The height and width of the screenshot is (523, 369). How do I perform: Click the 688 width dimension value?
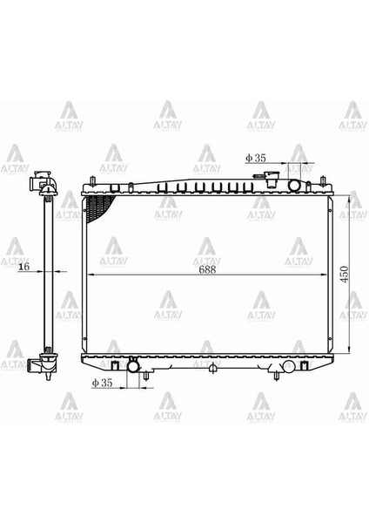click(x=206, y=269)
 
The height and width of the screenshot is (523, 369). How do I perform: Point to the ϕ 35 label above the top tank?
click(x=256, y=158)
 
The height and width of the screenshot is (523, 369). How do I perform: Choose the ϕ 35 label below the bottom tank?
click(x=103, y=383)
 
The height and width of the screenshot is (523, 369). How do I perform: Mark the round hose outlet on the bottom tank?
click(x=133, y=367)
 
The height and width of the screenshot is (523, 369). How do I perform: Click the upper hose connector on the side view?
click(x=38, y=184)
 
